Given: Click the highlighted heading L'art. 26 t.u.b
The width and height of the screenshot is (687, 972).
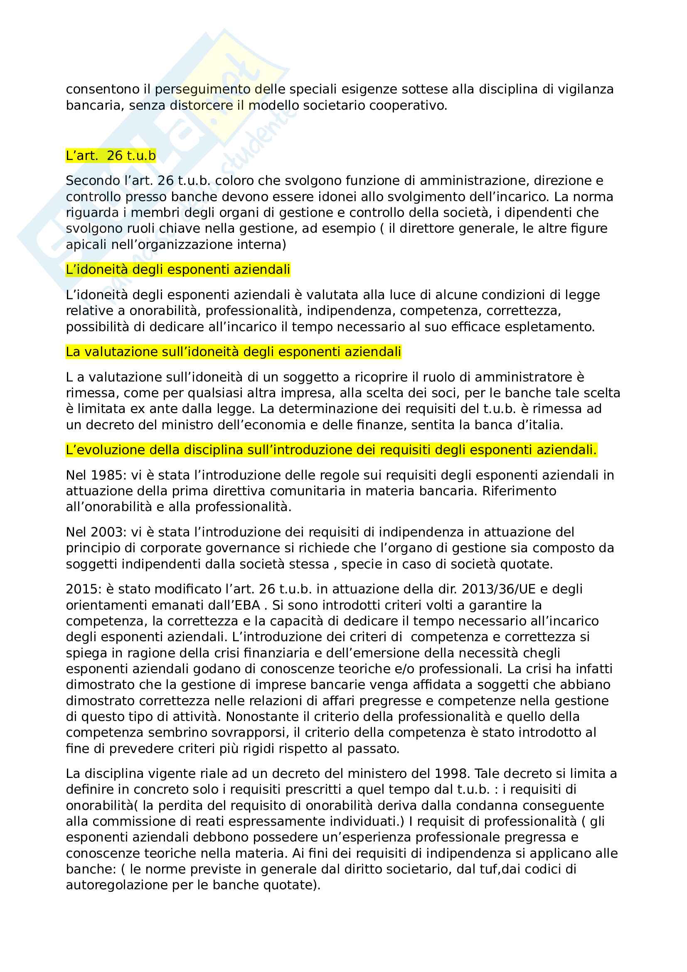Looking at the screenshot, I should (x=111, y=156).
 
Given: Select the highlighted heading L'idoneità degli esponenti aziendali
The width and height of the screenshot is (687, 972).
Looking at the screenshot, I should (x=178, y=270).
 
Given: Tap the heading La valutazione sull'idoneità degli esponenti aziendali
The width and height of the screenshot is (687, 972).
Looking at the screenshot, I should (x=233, y=352).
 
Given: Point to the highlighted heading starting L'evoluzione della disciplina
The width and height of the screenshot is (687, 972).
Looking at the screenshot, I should (x=331, y=450).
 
